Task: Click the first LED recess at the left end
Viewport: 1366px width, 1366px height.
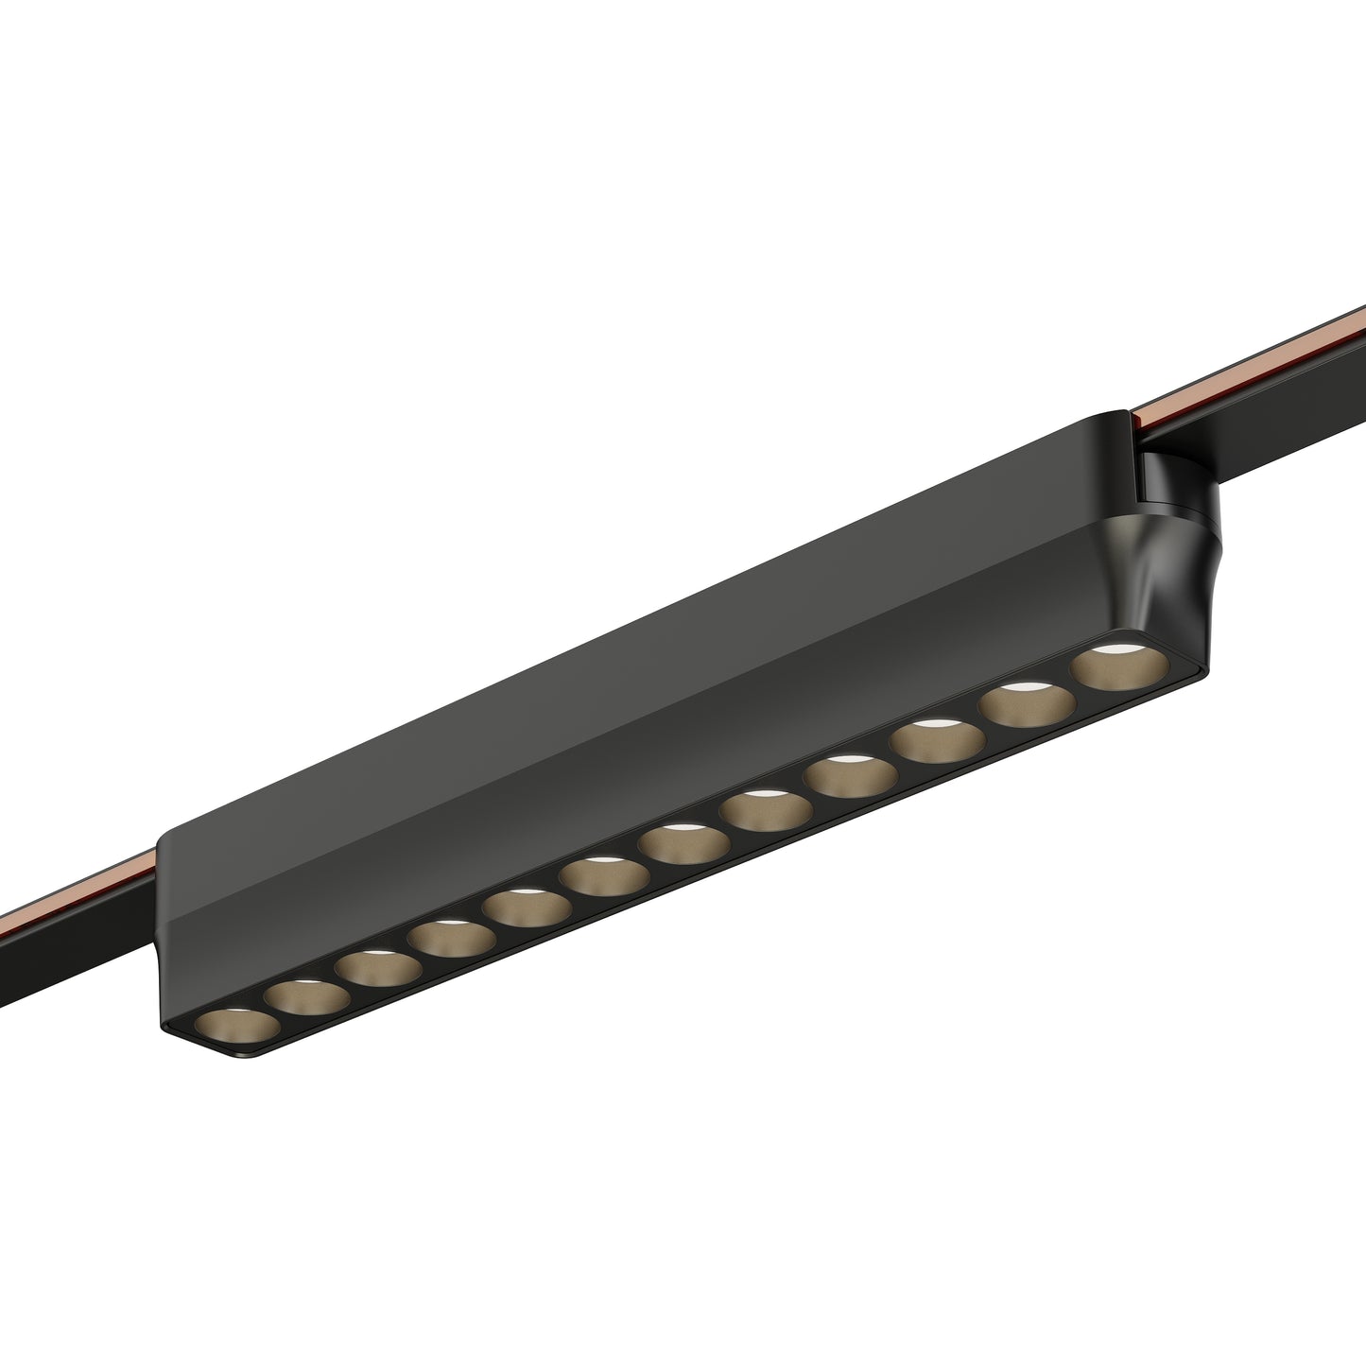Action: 238,1026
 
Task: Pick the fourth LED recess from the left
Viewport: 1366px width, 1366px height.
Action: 453,938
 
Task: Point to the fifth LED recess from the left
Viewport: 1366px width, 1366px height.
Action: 527,908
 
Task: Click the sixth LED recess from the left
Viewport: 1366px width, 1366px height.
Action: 603,876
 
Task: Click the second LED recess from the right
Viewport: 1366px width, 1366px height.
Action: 1029,704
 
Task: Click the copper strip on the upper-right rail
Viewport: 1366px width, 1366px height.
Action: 1257,364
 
